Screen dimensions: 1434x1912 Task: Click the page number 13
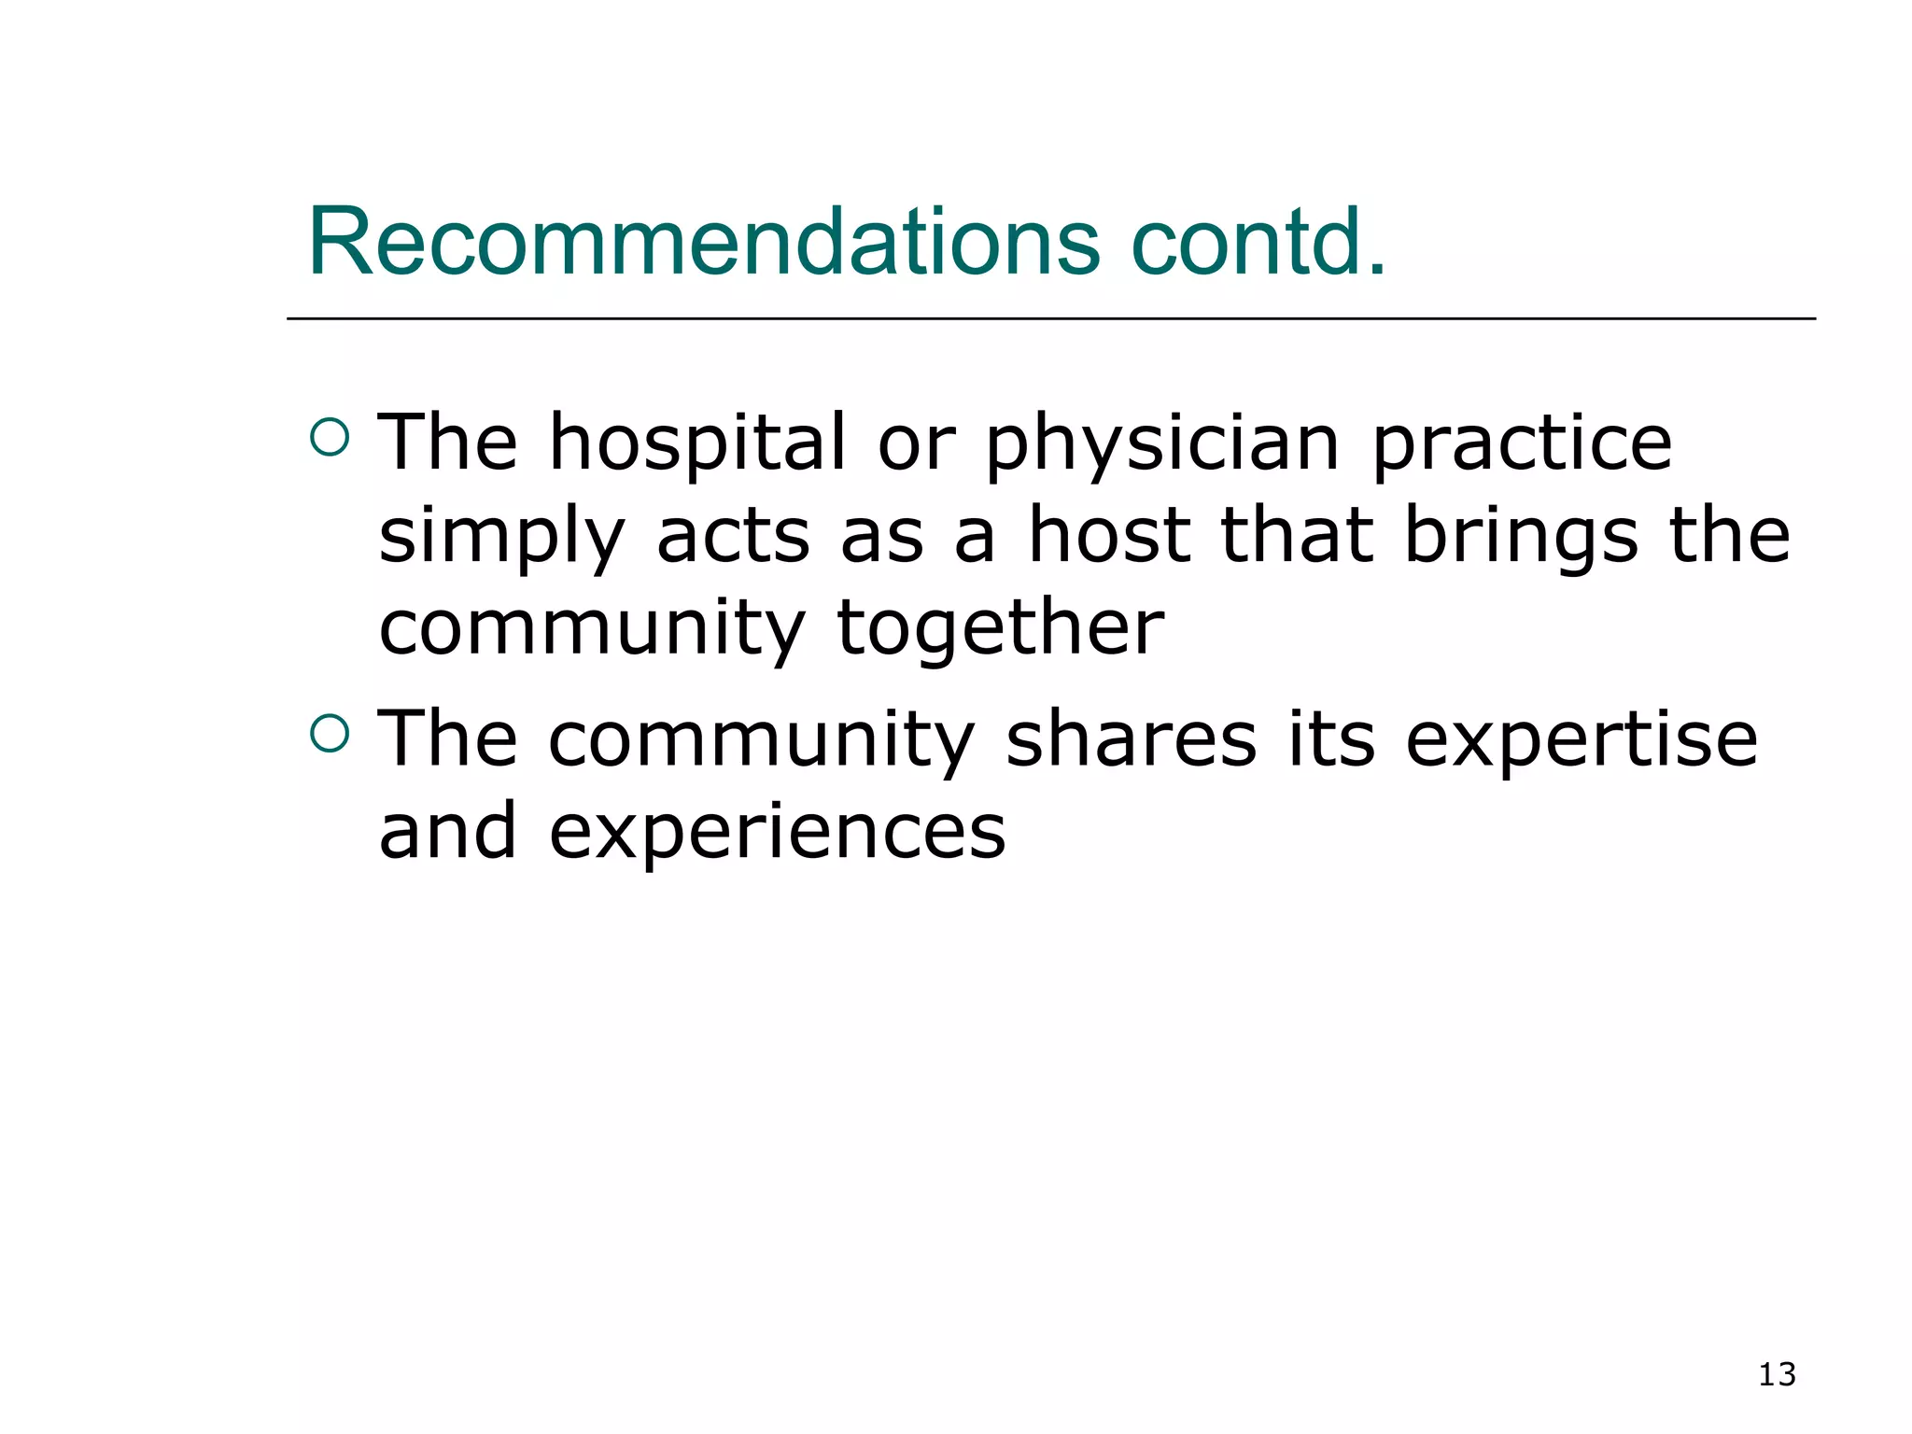pos(1777,1374)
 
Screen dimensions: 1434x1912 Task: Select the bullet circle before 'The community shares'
pos(329,733)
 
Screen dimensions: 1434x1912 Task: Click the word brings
pos(1522,539)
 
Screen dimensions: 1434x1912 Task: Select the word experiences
pos(777,834)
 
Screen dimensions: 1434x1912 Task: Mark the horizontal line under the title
pos(1050,319)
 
